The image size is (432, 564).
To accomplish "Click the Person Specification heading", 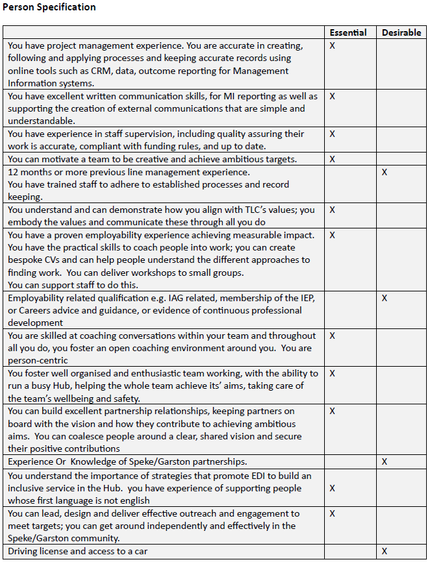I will pos(49,7).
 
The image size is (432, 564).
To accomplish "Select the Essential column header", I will pos(348,32).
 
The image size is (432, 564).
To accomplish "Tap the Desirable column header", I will pos(401,32).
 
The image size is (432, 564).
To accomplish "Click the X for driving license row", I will pos(385,551).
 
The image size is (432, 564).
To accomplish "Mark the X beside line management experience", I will pos(385,172).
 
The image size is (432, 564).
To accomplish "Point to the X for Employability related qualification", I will pos(385,298).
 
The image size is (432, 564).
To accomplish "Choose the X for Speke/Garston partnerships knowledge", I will pos(385,461).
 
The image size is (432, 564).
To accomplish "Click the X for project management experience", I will pos(332,46).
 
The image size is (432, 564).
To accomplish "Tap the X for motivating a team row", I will pos(332,159).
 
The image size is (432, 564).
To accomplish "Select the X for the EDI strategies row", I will pos(332,487).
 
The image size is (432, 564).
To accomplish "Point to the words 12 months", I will pos(30,172).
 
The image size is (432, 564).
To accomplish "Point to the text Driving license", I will pos(40,551).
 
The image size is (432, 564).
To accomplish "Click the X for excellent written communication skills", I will pos(332,96).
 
